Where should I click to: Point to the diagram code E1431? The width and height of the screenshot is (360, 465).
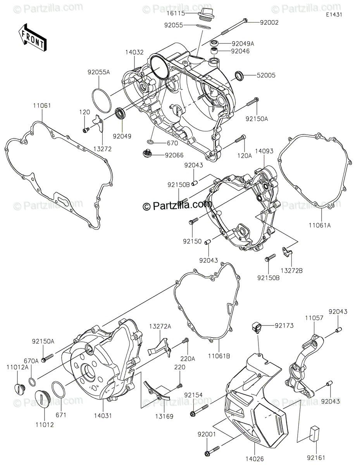pos(334,14)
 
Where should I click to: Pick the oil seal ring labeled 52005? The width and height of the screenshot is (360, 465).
pos(240,76)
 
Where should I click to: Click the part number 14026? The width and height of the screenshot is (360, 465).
pos(254,459)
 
